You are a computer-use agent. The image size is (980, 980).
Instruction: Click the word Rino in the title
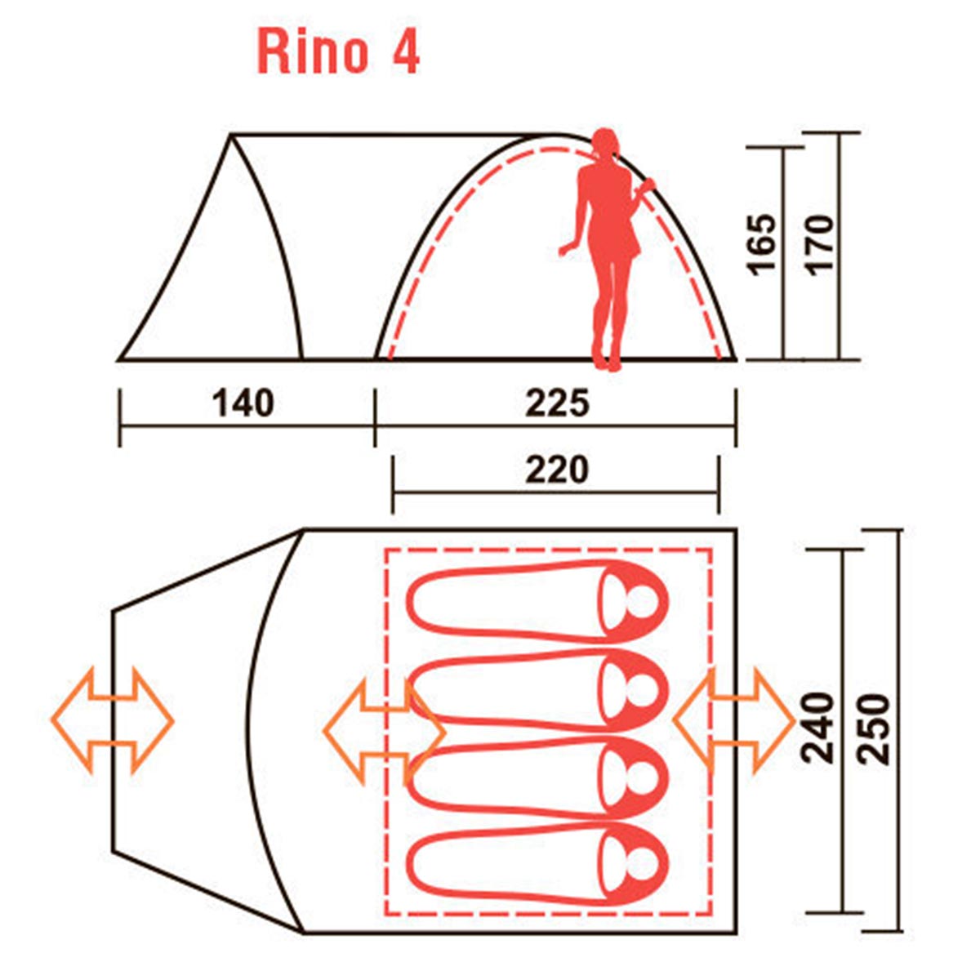(312, 51)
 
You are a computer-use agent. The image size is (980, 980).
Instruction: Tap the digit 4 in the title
(406, 51)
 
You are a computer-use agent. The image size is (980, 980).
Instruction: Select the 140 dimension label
(243, 403)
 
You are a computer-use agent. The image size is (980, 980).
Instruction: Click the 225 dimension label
(558, 403)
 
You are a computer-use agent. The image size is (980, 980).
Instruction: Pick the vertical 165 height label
(764, 245)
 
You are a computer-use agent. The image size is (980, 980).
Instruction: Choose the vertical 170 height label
(820, 245)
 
